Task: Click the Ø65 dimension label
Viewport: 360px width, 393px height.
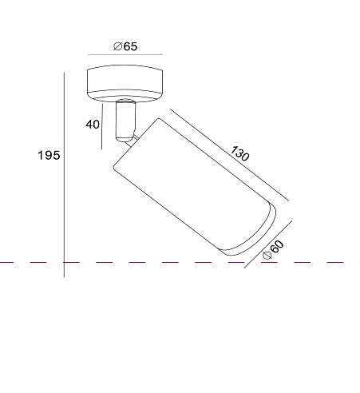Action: (x=125, y=46)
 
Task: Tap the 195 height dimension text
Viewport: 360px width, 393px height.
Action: (x=49, y=155)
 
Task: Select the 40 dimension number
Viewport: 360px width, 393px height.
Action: (x=93, y=125)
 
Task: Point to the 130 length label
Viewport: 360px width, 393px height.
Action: (x=239, y=153)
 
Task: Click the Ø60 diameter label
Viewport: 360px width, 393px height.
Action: (x=273, y=250)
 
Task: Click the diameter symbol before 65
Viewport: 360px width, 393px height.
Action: (x=117, y=46)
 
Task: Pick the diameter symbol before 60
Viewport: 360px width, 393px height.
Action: (x=267, y=255)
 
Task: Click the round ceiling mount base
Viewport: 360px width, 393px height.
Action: (x=125, y=83)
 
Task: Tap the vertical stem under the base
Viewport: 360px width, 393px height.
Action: (x=125, y=121)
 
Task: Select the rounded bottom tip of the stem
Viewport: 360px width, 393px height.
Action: (x=125, y=139)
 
